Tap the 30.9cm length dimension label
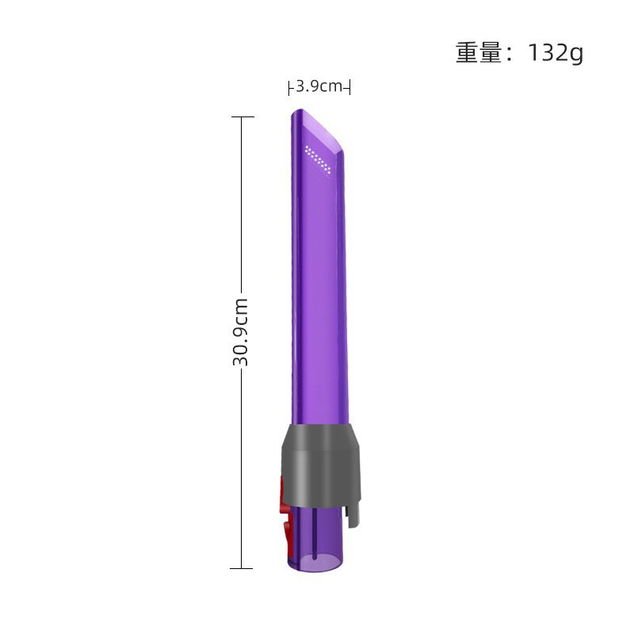pyautogui.click(x=241, y=332)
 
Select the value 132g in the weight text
pyautogui.click(x=552, y=53)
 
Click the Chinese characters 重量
pyautogui.click(x=479, y=53)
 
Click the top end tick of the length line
pyautogui.click(x=242, y=117)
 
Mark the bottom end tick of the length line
pyautogui.click(x=242, y=568)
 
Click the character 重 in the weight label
pyautogui.click(x=467, y=53)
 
